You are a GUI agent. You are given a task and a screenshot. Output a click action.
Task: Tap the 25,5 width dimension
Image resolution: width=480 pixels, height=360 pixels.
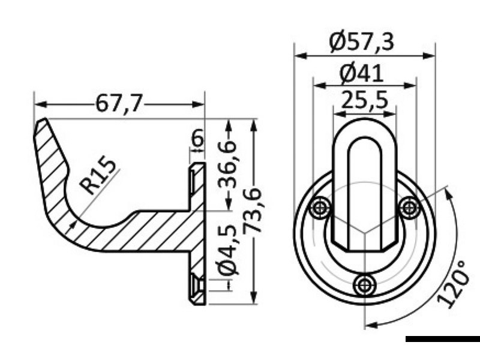tap(364, 101)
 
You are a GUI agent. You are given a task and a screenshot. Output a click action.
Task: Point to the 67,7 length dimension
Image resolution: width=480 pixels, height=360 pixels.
tap(119, 104)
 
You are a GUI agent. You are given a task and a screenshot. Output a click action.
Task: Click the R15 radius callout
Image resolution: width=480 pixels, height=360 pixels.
tap(98, 175)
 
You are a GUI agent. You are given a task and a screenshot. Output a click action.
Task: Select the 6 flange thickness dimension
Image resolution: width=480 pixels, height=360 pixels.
tap(197, 140)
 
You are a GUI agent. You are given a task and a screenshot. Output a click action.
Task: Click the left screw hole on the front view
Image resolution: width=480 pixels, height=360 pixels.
tap(319, 208)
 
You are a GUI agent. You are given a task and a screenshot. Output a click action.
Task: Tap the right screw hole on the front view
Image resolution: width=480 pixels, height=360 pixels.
tap(409, 208)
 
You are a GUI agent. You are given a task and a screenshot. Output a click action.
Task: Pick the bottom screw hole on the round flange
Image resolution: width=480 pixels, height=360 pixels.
tap(364, 284)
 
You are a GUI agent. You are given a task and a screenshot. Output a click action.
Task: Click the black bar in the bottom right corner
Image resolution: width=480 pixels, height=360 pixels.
tap(442, 340)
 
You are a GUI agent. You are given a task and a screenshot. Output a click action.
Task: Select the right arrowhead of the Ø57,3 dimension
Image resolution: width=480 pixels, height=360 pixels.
tap(430, 55)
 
